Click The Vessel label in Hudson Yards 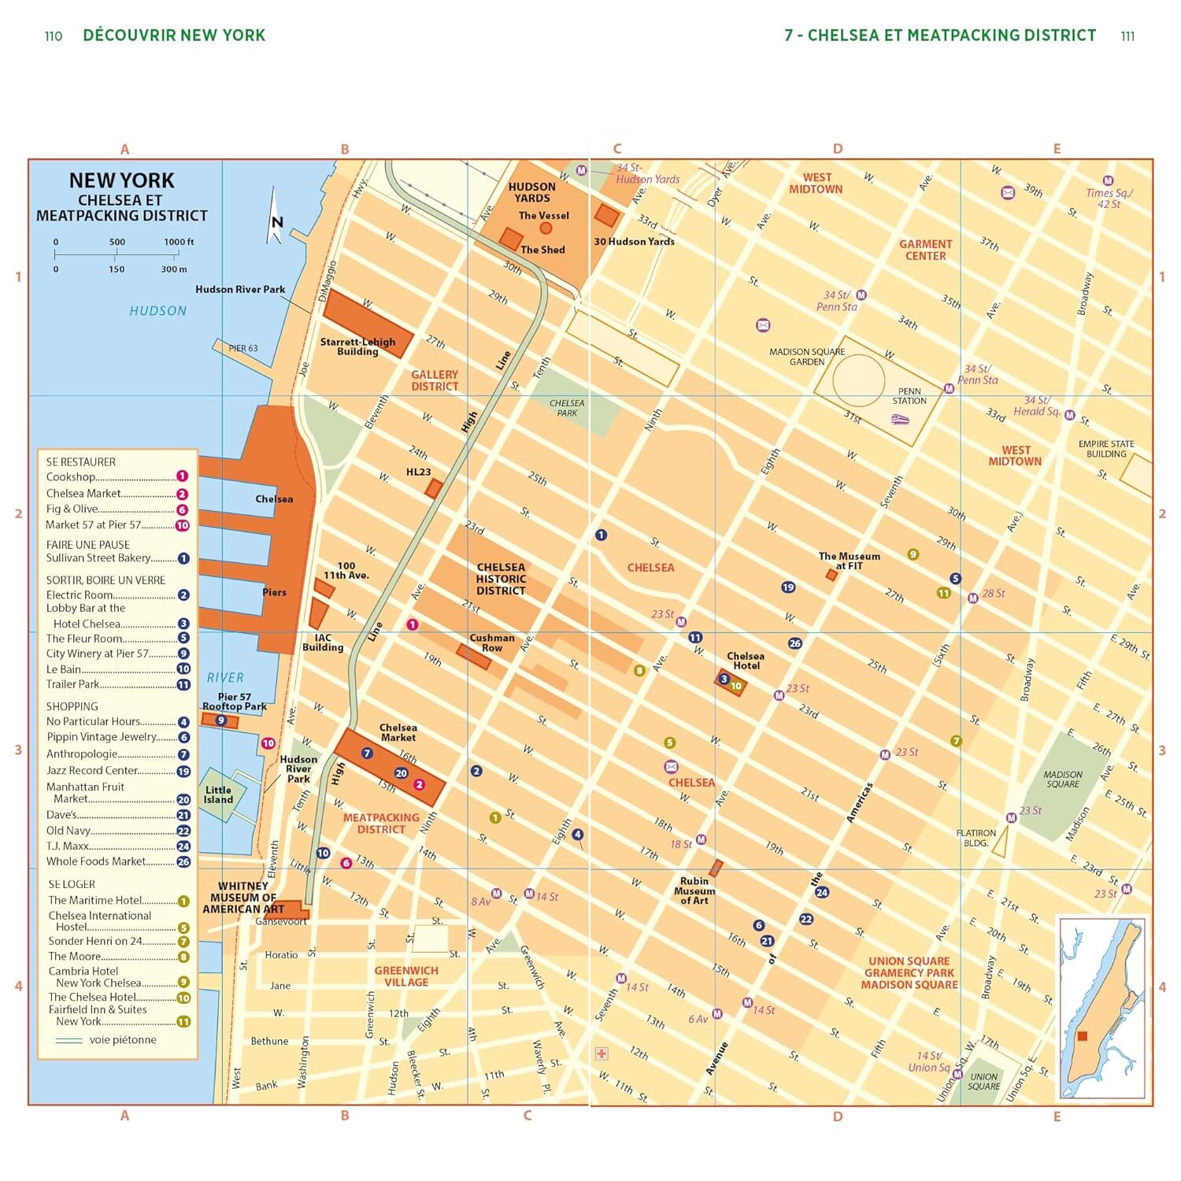coord(543,216)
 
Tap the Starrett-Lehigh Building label coord(357,346)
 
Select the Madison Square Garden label coord(807,357)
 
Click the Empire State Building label coord(1106,449)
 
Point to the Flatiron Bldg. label coord(976,838)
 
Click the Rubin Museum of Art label coord(694,890)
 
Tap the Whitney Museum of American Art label coord(242,898)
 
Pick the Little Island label coord(218,794)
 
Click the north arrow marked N coord(276,221)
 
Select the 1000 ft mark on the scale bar coord(179,242)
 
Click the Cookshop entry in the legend coord(71,477)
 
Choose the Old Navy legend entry coord(68,831)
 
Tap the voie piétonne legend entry coord(122,1040)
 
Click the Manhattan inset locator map coord(1101,1008)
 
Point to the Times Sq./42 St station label coord(1109,198)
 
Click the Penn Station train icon coord(900,420)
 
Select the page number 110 coord(53,36)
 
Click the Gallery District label coord(434,380)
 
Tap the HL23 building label coord(418,472)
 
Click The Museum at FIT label coord(849,561)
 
